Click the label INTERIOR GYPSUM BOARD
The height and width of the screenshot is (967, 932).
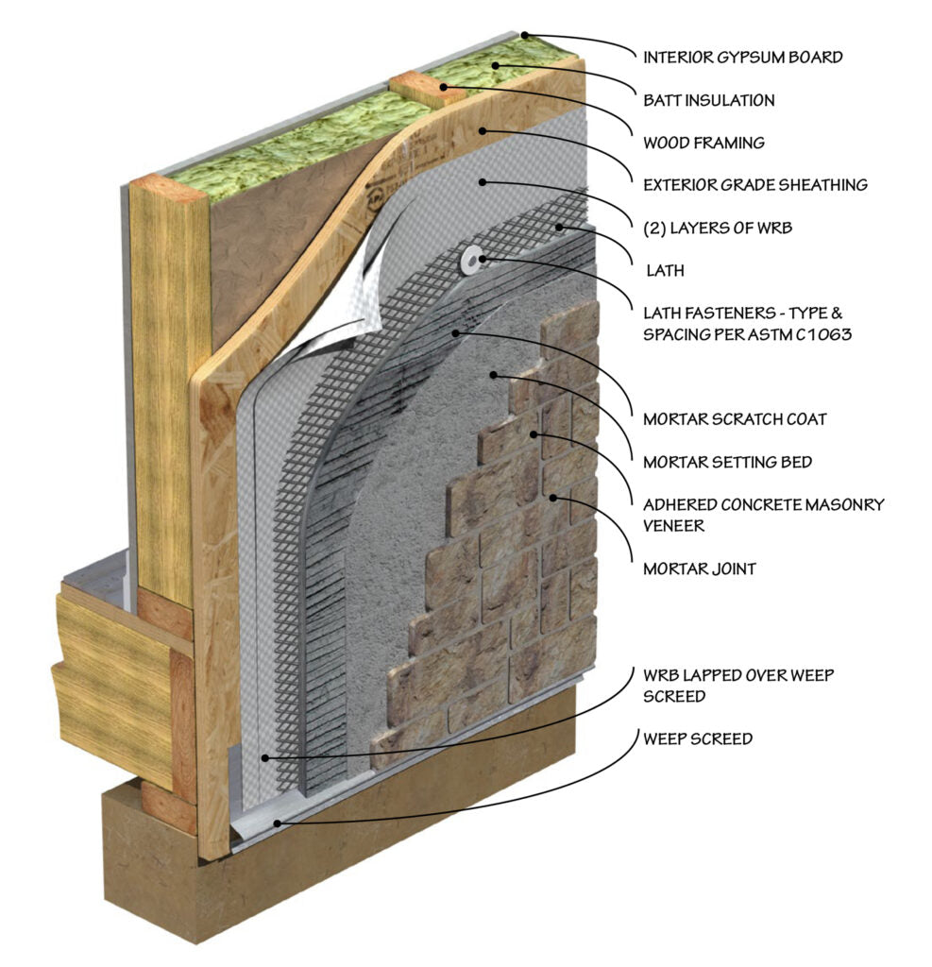point(742,58)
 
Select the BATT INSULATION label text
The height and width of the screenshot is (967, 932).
point(708,100)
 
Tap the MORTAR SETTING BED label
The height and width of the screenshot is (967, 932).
point(727,462)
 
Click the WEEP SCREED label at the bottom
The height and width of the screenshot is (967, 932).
point(698,738)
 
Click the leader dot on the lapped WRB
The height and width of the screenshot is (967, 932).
point(267,757)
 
